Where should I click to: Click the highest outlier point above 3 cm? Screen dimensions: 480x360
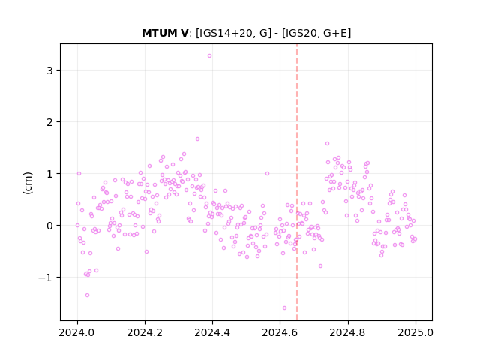[209, 55]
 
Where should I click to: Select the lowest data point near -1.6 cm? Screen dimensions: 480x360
[284, 307]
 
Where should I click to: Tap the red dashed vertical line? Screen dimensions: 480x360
[297, 182]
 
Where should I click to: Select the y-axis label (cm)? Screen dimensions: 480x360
[28, 183]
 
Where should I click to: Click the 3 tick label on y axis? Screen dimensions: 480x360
[49, 70]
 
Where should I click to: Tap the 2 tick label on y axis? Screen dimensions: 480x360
[49, 122]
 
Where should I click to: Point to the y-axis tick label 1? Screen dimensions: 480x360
[49, 174]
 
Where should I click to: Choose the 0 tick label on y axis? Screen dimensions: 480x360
[49, 226]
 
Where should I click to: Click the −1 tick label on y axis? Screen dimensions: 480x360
[45, 277]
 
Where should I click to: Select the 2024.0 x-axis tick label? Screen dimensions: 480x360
[77, 332]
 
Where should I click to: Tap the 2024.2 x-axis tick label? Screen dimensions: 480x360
[145, 332]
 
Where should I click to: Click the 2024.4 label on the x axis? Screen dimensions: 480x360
[212, 332]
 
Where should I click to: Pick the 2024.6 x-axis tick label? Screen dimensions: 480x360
[280, 332]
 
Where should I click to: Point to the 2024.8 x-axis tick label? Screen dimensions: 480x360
[347, 332]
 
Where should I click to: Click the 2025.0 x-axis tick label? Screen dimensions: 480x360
[415, 332]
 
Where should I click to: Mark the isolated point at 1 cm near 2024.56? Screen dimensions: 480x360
[267, 173]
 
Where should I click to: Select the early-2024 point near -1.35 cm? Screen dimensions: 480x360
[87, 295]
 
